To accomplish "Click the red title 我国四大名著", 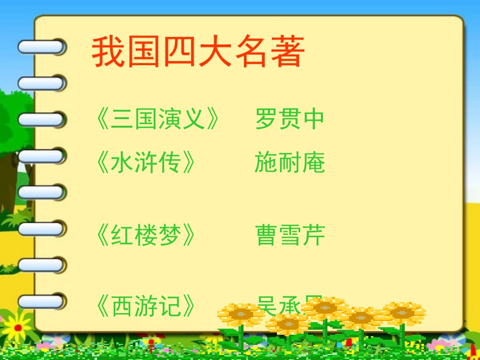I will point(198,52).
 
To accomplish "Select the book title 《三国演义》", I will point(158,119).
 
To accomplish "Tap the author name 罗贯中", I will point(290,119).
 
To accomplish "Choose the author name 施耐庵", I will point(290,162).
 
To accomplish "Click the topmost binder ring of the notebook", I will point(42,47).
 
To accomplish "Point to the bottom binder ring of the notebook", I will point(42,301).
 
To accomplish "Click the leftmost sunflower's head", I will point(241,315).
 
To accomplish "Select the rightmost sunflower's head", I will point(404,313).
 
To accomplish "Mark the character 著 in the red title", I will point(288,52).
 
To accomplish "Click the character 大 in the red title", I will point(216,52).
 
